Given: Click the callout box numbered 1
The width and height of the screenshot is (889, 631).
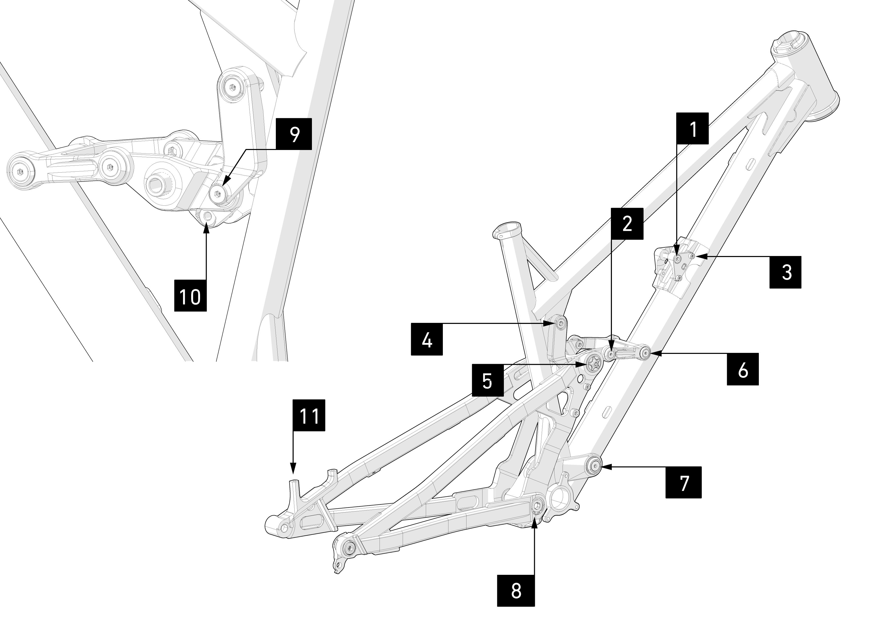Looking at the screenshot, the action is [693, 129].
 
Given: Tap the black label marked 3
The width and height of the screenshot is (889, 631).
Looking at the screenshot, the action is [785, 272].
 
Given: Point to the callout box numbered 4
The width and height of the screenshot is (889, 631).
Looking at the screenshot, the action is [427, 339].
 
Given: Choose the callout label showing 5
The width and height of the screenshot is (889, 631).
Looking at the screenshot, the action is [488, 380].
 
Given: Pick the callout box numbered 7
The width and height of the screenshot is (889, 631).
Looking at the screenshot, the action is [683, 482].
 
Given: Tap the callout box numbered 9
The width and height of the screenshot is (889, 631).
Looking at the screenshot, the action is [294, 134].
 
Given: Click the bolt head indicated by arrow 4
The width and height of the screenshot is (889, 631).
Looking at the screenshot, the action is [560, 323].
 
